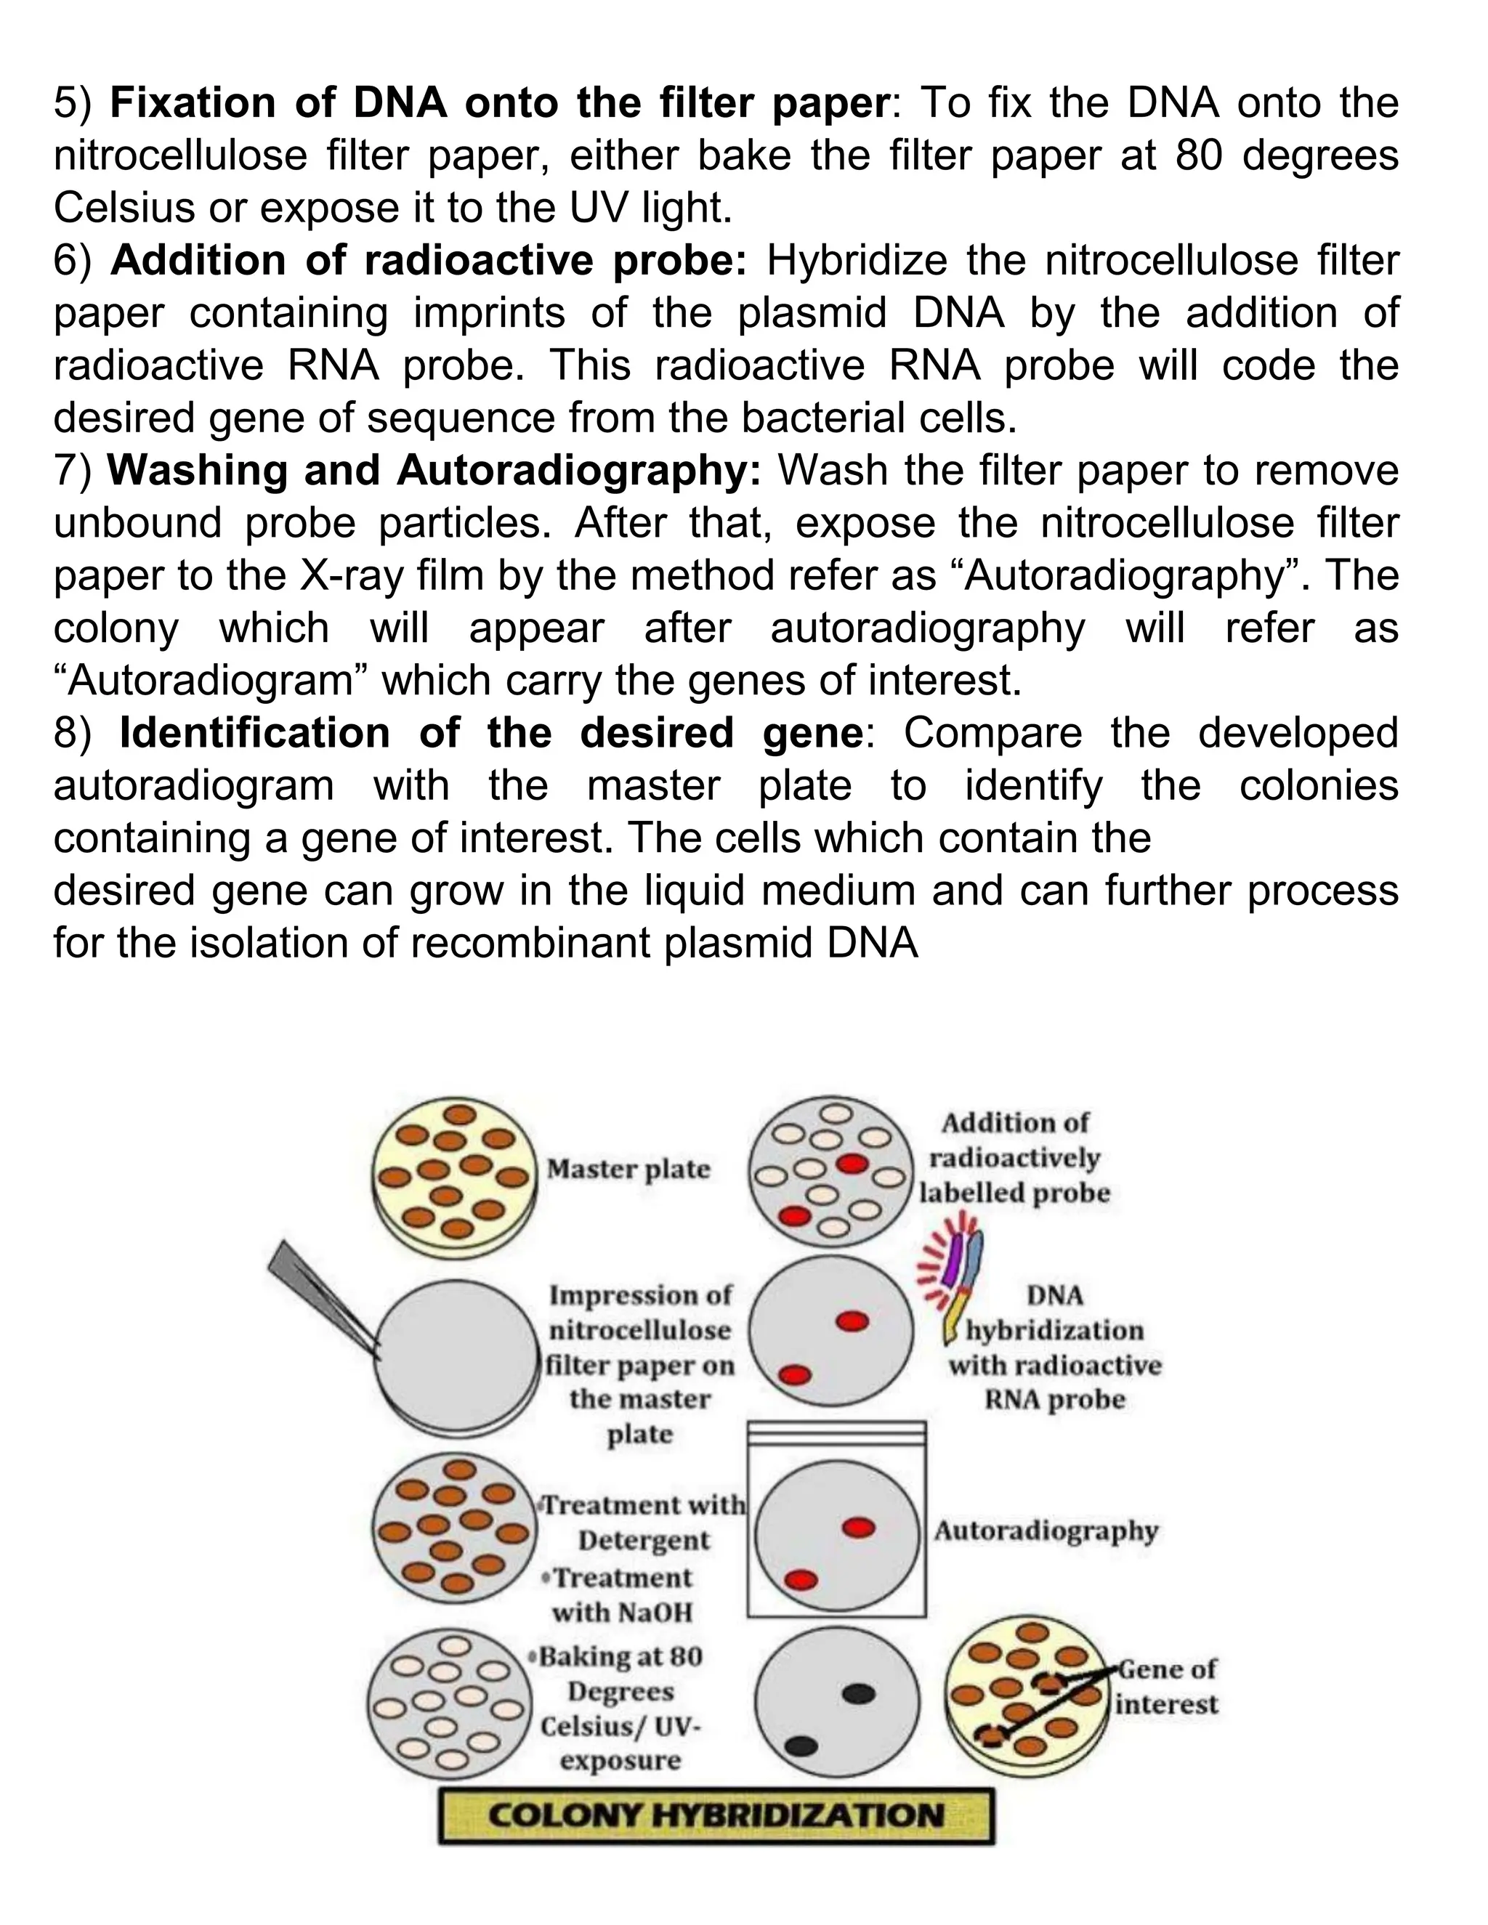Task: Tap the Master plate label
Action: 628,1170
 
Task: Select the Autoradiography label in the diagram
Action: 1046,1531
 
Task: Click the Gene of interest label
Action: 1165,1686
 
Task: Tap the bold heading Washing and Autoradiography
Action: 434,470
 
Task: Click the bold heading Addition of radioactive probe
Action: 429,260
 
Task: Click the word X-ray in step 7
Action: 352,575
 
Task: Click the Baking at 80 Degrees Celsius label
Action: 620,1709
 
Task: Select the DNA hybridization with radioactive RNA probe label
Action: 1055,1347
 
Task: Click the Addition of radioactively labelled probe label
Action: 1014,1157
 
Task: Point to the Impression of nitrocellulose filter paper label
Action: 640,1363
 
